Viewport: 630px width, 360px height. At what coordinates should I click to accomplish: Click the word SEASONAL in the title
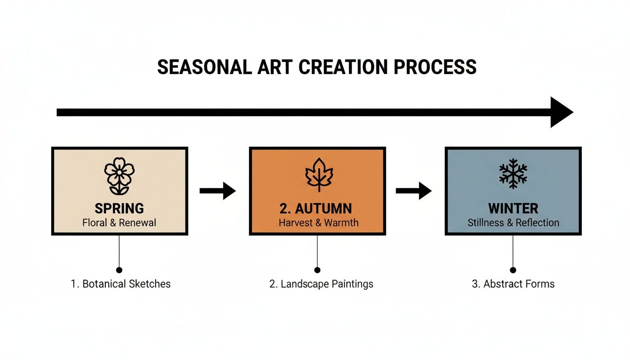204,67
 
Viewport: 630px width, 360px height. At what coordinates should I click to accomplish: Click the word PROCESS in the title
435,67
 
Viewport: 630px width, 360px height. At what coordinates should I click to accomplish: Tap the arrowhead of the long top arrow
560,112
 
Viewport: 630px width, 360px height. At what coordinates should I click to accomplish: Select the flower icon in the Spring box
119,176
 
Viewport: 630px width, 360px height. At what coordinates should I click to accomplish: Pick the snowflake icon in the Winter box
513,173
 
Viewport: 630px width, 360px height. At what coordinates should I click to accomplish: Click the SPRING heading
119,208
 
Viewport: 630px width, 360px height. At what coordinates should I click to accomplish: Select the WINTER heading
513,208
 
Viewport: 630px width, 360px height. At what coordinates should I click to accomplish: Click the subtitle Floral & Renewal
119,223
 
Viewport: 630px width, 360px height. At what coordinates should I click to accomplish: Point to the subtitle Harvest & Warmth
318,223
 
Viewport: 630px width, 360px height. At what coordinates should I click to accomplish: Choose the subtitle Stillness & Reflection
513,223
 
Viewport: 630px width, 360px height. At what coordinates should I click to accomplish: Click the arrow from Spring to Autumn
217,190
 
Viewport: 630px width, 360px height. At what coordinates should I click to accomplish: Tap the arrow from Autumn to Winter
413,190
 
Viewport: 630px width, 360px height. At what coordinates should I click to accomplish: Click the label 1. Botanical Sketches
120,284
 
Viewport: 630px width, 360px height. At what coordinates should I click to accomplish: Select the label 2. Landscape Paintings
321,284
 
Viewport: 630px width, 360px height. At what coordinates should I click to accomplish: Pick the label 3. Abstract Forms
513,284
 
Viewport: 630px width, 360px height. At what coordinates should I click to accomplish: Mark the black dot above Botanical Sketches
119,270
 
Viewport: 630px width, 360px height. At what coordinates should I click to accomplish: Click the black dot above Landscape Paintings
317,270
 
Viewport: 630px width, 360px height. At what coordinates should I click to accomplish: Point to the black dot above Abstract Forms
513,270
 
